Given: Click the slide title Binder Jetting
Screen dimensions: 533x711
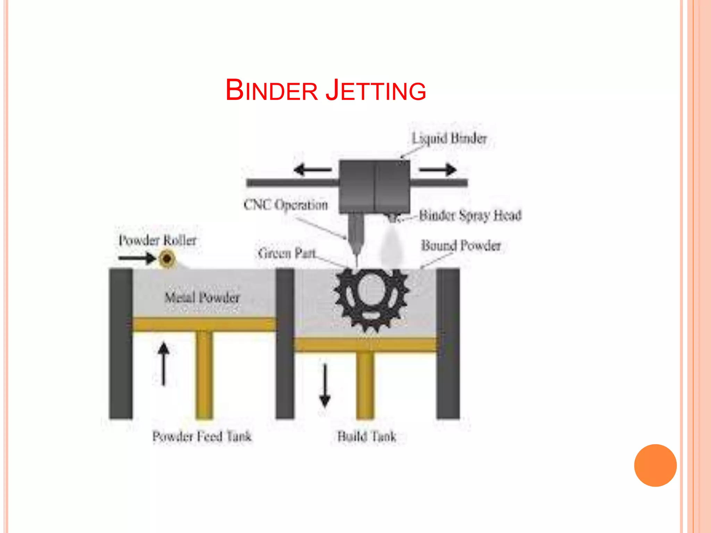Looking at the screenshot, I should [x=326, y=90].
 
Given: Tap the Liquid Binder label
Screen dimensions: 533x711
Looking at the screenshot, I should [x=449, y=138].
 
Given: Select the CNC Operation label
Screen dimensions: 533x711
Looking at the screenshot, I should [x=286, y=205].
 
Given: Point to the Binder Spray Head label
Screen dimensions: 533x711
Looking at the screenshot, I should [x=470, y=215].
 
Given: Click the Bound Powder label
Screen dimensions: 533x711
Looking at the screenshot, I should [x=461, y=246].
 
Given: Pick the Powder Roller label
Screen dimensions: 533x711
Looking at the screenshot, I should [x=157, y=240].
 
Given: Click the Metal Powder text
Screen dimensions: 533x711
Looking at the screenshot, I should [x=202, y=297].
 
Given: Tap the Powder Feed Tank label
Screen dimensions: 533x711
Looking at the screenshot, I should [x=202, y=436].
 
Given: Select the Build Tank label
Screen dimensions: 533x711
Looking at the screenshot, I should [x=367, y=436].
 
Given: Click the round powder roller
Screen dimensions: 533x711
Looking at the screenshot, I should [x=167, y=259].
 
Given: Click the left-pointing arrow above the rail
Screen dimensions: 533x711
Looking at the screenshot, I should [x=312, y=170].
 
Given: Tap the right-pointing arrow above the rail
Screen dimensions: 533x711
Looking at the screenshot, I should [x=438, y=170].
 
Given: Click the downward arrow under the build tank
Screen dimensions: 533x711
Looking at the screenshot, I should [x=325, y=385].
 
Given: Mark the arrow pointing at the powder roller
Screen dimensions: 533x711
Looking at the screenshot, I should [x=137, y=258].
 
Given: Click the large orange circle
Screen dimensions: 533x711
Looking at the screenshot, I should [x=655, y=465].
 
